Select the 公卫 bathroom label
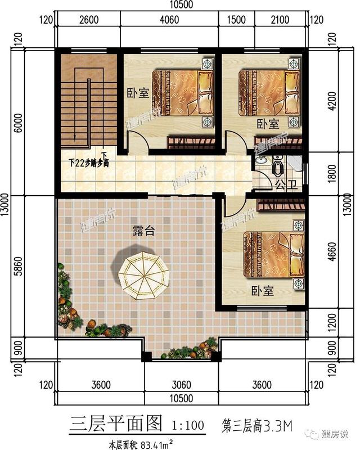pyautogui.click(x=283, y=184)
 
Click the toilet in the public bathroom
pyautogui.click(x=278, y=166)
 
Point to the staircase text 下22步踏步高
pyautogui.click(x=88, y=164)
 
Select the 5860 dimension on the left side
pyautogui.click(x=19, y=264)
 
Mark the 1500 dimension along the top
pyautogui.click(x=236, y=21)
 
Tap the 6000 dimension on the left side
pyautogui.click(x=19, y=123)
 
